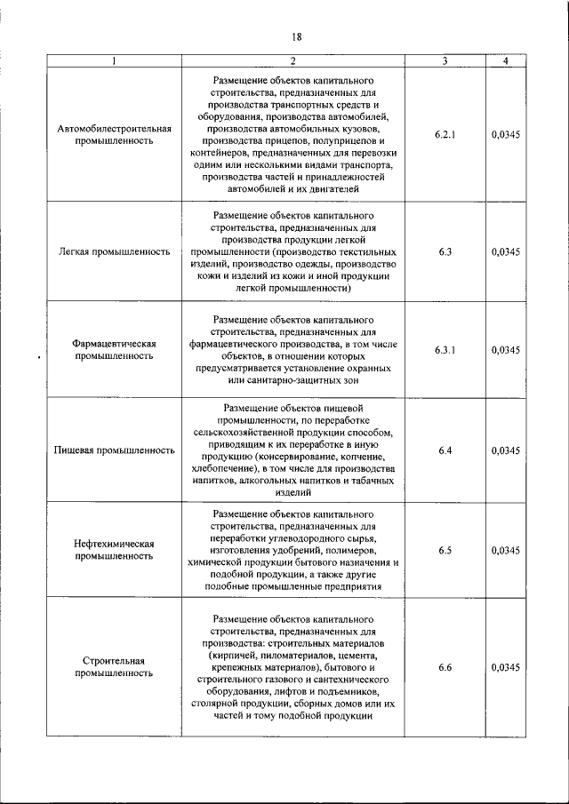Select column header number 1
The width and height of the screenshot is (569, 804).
114,60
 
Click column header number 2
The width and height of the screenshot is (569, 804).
293,60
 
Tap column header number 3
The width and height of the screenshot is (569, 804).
445,60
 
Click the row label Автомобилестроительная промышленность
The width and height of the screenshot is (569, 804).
114,133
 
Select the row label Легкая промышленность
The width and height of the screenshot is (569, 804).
114,251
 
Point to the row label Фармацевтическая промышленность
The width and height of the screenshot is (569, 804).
114,349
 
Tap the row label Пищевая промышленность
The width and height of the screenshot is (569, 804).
114,450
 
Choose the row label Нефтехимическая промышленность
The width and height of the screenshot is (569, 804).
114,550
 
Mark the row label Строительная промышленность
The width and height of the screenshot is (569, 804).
114,667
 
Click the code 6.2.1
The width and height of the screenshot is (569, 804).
445,133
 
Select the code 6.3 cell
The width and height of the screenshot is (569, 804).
445,251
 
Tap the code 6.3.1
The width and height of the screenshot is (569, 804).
445,349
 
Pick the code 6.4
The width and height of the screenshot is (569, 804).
445,450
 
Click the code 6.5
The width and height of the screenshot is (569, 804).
445,550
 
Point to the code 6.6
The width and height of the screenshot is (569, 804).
445,667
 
